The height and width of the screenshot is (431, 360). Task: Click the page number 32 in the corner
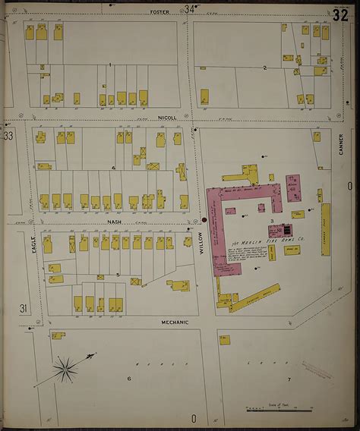(339, 14)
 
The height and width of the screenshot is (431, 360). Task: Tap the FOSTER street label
(159, 12)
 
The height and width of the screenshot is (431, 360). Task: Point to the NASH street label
(115, 222)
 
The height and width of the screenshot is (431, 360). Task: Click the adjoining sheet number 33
(8, 137)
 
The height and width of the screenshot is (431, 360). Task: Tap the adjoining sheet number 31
(24, 308)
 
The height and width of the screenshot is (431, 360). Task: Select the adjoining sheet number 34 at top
(189, 9)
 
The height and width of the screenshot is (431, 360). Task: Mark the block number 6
(129, 378)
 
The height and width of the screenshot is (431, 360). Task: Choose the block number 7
(289, 378)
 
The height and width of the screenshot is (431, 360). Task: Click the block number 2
(264, 68)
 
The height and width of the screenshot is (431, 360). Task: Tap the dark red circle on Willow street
(204, 221)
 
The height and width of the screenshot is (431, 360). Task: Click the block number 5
(118, 274)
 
